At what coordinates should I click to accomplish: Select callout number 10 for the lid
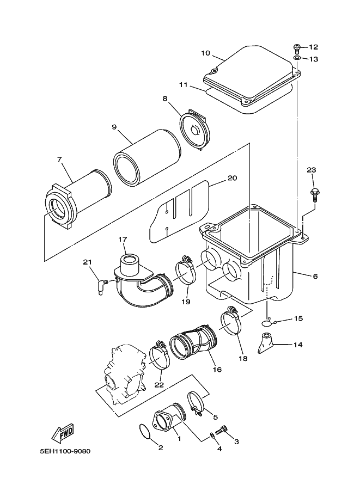205,53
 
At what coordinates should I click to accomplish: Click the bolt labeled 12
297,47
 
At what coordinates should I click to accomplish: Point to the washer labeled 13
297,58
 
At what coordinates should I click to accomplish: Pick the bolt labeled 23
315,191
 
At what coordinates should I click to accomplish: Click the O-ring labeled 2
143,432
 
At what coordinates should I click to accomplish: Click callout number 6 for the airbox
315,276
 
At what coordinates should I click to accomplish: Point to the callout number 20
232,178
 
